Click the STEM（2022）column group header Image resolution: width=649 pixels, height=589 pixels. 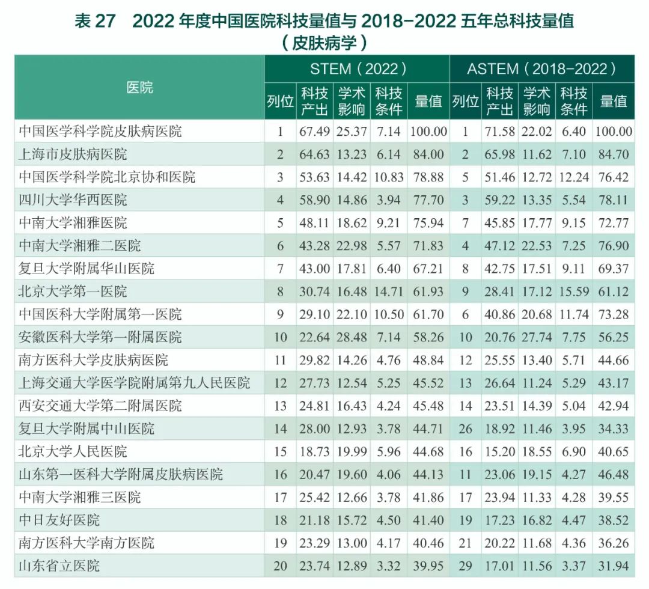pos(358,69)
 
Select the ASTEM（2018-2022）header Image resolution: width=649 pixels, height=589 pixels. pos(541,69)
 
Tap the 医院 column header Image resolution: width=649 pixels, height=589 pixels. pos(139,88)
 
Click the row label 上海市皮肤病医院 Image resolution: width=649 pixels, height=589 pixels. pos(73,154)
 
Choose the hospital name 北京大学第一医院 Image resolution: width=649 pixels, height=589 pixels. pos(73,291)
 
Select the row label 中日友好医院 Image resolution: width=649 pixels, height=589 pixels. pos(59,520)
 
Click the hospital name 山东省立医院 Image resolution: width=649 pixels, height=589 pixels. pos(59,566)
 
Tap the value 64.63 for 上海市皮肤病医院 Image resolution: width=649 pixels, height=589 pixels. pos(315,154)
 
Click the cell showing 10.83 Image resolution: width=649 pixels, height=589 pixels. pos(389,177)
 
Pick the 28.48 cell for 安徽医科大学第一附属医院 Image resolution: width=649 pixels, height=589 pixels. pos(352,337)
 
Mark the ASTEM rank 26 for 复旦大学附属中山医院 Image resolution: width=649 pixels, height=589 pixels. pos(465,429)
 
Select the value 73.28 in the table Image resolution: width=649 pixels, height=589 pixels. pos(614,314)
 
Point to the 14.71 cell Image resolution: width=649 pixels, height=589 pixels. pos(389,291)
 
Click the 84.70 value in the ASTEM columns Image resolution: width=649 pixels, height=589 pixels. pos(614,154)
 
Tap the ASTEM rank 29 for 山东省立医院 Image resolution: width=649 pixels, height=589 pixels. pos(465,566)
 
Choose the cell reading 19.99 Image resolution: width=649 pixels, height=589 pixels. pos(352,451)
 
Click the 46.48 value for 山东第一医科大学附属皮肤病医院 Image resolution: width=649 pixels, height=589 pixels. pos(614,474)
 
